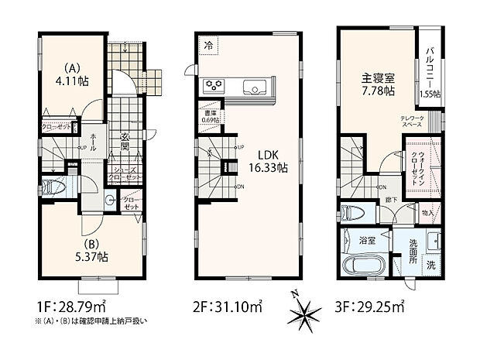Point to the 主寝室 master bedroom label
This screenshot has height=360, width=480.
click(375, 78)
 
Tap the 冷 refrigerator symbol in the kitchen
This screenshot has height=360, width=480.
click(207, 45)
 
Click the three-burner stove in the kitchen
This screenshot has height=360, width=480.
click(213, 85)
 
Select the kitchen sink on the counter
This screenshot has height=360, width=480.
click(255, 85)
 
